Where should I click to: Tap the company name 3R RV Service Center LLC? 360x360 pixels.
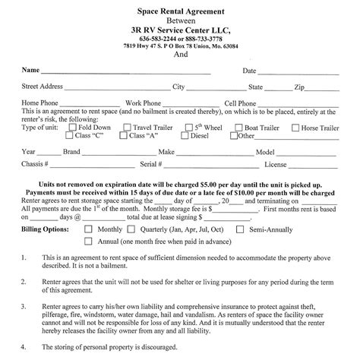tap(180, 30)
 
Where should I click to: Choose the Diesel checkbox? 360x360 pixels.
tap(178, 137)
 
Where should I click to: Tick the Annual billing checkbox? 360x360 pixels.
tap(88, 241)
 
